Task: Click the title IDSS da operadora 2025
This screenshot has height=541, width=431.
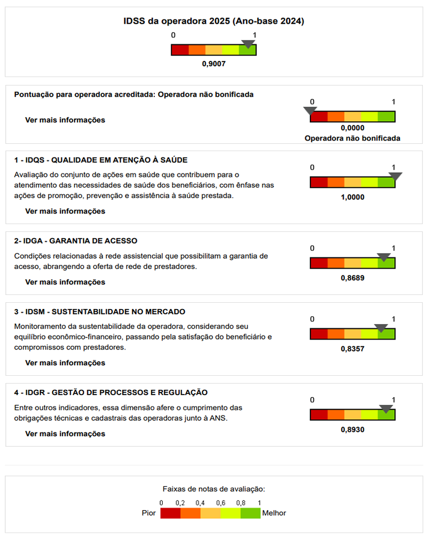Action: (214, 22)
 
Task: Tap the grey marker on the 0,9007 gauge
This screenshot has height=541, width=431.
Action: (248, 45)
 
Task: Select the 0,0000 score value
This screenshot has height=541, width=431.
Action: (352, 128)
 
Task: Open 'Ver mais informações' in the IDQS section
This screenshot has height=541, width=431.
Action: (65, 211)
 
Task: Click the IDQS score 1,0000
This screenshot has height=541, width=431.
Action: (352, 197)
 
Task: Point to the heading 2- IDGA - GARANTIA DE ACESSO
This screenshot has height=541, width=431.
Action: (76, 241)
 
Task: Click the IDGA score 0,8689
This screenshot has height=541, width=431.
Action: (352, 278)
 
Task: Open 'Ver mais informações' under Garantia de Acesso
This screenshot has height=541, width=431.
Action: (65, 282)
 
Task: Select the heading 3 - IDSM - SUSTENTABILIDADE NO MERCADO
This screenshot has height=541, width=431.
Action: (100, 312)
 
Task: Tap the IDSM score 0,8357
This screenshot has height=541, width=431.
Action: (352, 349)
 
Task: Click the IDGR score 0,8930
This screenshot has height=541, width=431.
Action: (352, 430)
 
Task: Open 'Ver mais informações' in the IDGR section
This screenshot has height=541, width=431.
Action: (65, 433)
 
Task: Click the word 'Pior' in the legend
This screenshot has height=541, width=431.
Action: (149, 513)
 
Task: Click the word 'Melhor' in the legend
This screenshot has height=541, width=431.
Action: (275, 513)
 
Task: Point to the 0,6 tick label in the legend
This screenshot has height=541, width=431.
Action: (220, 503)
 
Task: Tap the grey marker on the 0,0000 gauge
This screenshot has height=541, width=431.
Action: (310, 111)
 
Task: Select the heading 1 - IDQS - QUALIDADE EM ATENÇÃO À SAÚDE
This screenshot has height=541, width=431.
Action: (101, 160)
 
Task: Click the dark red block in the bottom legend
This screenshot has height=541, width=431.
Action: (171, 513)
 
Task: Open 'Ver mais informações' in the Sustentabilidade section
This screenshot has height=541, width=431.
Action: (65, 363)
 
